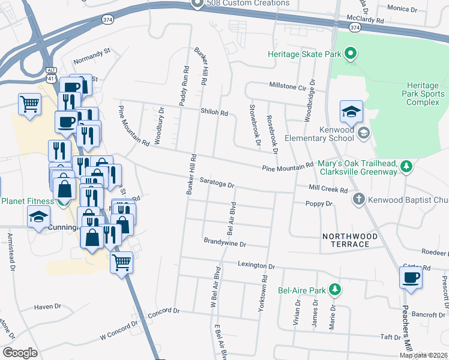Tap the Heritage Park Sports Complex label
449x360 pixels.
426,94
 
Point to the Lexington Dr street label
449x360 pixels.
256,265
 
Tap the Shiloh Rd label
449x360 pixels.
214,112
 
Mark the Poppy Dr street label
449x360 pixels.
319,204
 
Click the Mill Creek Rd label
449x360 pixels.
328,190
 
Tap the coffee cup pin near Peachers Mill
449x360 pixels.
411,278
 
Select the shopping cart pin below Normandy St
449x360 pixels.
29,104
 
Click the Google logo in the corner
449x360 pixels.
19,353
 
